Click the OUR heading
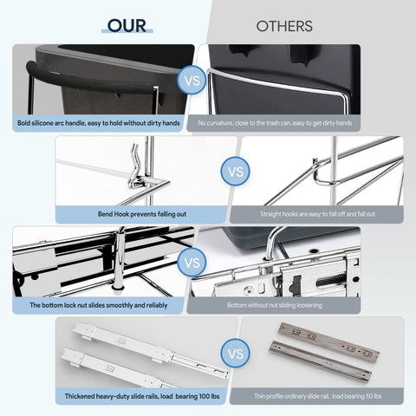tap(127, 26)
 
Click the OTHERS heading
tap(284, 26)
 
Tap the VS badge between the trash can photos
tap(192, 80)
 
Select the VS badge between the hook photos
tap(236, 172)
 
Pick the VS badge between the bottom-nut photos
tap(192, 263)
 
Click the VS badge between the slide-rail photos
tap(236, 354)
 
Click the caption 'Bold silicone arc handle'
tap(99, 123)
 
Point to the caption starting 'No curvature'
tap(275, 123)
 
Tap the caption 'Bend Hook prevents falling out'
tap(142, 214)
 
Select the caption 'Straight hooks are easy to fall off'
tap(317, 214)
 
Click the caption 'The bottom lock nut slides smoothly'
tap(99, 305)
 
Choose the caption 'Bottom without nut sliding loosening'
tap(275, 305)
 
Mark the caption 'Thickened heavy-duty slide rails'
tap(142, 396)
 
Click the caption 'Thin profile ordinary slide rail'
tap(318, 396)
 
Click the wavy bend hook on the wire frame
tap(134, 167)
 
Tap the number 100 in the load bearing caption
tap(205, 396)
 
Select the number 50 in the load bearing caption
tap(369, 396)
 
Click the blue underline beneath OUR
tap(127, 31)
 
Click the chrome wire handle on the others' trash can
tap(277, 84)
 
